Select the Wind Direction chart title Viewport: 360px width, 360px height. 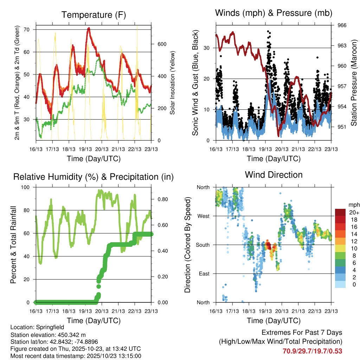274,174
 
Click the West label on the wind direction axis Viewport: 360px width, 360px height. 203,216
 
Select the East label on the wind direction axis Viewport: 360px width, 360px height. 204,274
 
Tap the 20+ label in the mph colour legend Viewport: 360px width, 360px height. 354,212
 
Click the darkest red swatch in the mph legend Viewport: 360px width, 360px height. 340,212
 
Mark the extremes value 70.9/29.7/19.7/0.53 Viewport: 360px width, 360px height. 312,351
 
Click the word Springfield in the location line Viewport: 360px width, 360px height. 45,327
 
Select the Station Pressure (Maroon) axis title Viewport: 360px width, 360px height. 354,83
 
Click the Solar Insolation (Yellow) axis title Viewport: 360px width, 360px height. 173,83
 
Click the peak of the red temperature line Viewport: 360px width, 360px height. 89,28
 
